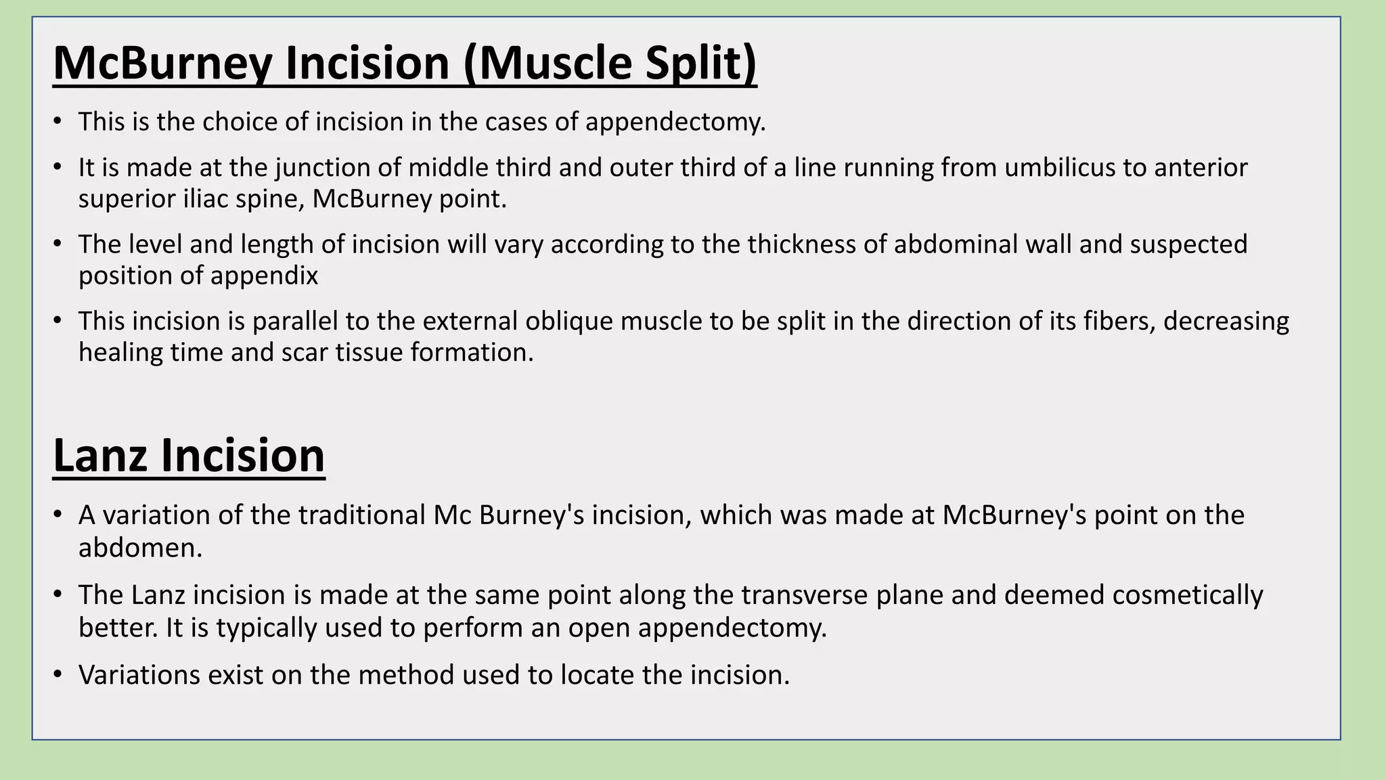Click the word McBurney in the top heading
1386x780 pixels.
coord(162,63)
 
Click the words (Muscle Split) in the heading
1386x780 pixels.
coord(610,63)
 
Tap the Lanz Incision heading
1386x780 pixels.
coord(189,456)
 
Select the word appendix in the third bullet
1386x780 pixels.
coord(276,276)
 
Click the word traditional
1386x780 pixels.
coord(361,516)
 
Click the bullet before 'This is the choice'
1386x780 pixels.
coord(58,123)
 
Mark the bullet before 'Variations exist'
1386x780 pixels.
coord(58,676)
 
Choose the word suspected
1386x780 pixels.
coord(1188,244)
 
